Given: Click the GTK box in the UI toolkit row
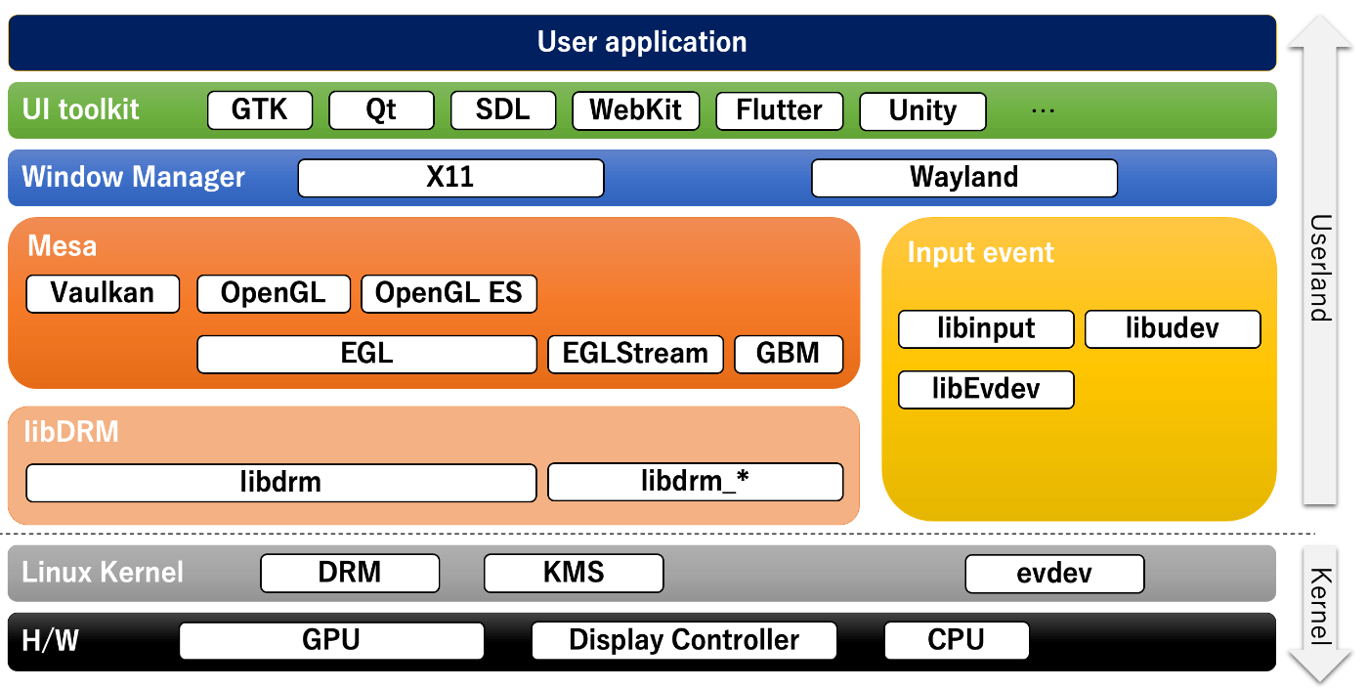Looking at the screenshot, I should coord(260,110).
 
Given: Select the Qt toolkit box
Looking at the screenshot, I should coord(381,110).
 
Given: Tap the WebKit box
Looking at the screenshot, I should coord(636,110).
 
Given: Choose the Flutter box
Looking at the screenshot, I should coord(779,110).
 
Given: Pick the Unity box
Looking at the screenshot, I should coord(922,111).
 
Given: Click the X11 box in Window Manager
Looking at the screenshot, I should coord(450,178).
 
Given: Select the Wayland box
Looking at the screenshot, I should coord(963,178).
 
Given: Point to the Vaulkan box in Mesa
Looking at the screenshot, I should coord(103,293).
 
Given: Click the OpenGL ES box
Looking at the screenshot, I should coord(449,293).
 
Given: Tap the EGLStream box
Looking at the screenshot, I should coord(635,354).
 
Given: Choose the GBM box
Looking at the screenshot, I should coord(788,354).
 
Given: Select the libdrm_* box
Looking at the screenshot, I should coord(695,482).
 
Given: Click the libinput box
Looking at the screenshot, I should coord(986,329).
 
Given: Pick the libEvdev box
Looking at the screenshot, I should coord(986,390).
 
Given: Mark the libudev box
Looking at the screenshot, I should coord(1173,329).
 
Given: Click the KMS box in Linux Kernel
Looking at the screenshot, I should coord(574,574).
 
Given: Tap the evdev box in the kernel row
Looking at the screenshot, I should coord(1054,574).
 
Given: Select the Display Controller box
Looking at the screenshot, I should coord(684,641).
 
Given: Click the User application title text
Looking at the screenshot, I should coord(642,43).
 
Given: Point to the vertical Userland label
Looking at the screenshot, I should coord(1320,268).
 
